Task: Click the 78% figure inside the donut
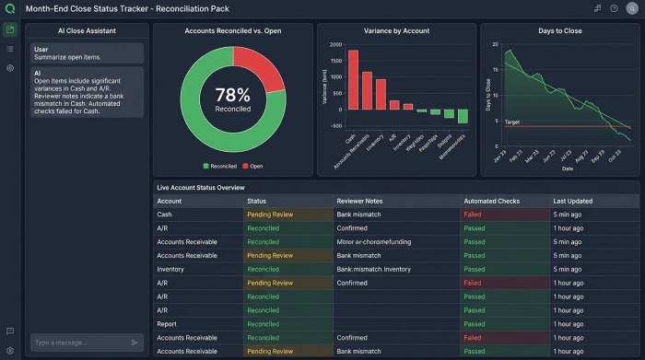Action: click(232, 94)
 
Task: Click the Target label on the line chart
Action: click(512, 122)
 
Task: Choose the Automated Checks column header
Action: click(495, 201)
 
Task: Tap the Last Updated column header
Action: click(572, 201)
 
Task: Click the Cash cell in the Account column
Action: click(165, 215)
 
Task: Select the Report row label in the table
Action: click(168, 324)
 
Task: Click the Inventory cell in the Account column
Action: click(172, 269)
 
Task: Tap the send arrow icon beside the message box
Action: click(135, 343)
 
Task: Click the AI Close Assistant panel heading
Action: click(86, 30)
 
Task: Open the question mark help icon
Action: click(614, 7)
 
